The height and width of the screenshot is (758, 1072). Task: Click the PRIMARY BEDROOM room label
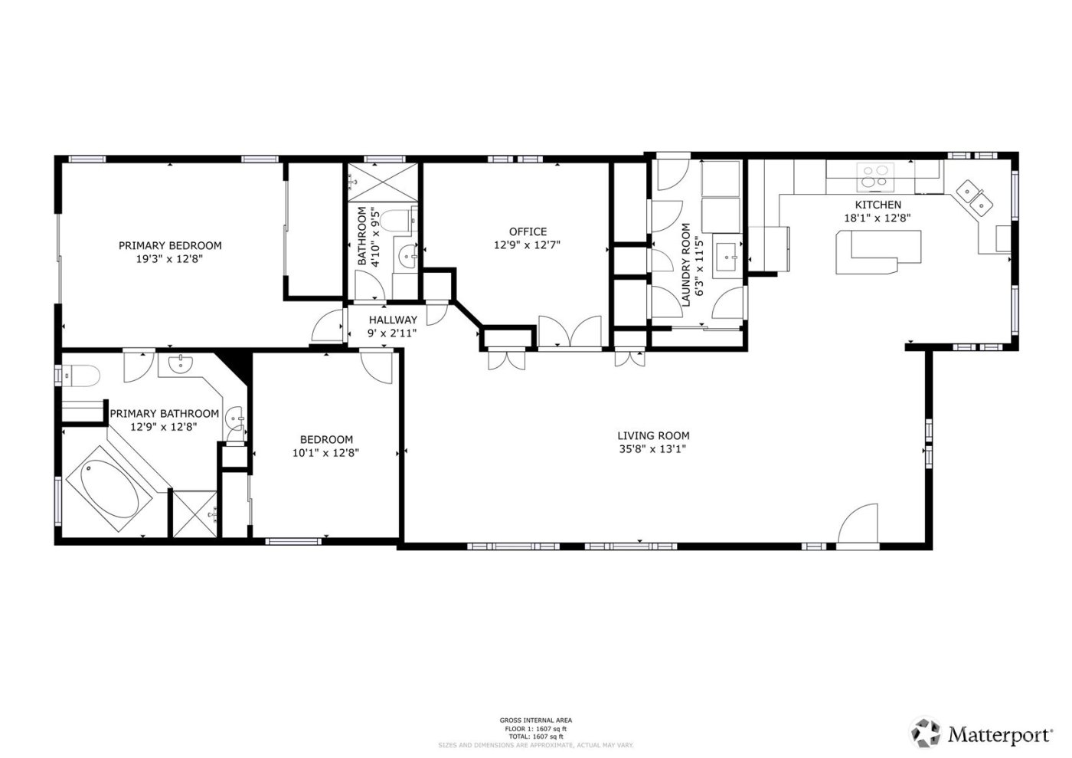170,245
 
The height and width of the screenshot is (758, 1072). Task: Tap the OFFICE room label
528,231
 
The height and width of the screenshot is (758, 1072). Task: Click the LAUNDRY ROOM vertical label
685,264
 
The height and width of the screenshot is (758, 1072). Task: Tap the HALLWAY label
393,320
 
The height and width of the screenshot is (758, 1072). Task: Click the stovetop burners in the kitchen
876,177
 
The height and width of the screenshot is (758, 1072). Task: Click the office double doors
570,332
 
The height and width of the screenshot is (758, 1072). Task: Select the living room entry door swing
857,527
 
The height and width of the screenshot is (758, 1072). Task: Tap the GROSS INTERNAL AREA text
535,720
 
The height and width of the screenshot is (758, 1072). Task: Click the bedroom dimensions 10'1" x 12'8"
326,452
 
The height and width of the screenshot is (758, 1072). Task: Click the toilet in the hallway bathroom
398,221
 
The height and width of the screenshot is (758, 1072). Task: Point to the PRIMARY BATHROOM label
164,413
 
